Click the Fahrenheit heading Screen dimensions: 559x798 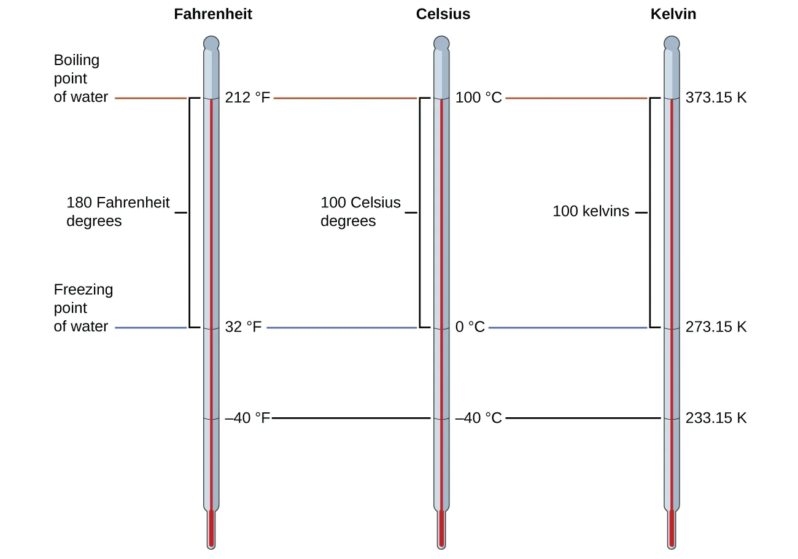click(212, 14)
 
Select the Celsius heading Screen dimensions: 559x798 click(443, 14)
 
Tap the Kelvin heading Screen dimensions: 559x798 click(673, 14)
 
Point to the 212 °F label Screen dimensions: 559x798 click(247, 98)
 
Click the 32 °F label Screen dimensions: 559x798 click(243, 327)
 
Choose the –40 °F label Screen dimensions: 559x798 click(247, 418)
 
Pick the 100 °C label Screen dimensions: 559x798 click(478, 98)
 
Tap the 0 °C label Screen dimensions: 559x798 click(470, 327)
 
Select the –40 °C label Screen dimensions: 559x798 click(478, 418)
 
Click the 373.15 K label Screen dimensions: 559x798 click(716, 98)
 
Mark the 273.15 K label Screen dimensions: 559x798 click(716, 327)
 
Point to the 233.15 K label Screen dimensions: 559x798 click(716, 418)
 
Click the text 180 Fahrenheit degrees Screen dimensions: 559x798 click(117, 212)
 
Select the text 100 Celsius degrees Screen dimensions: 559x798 click(360, 212)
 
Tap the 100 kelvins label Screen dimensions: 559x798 click(591, 212)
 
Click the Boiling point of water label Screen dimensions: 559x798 click(80, 79)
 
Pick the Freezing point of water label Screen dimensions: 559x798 click(83, 308)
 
